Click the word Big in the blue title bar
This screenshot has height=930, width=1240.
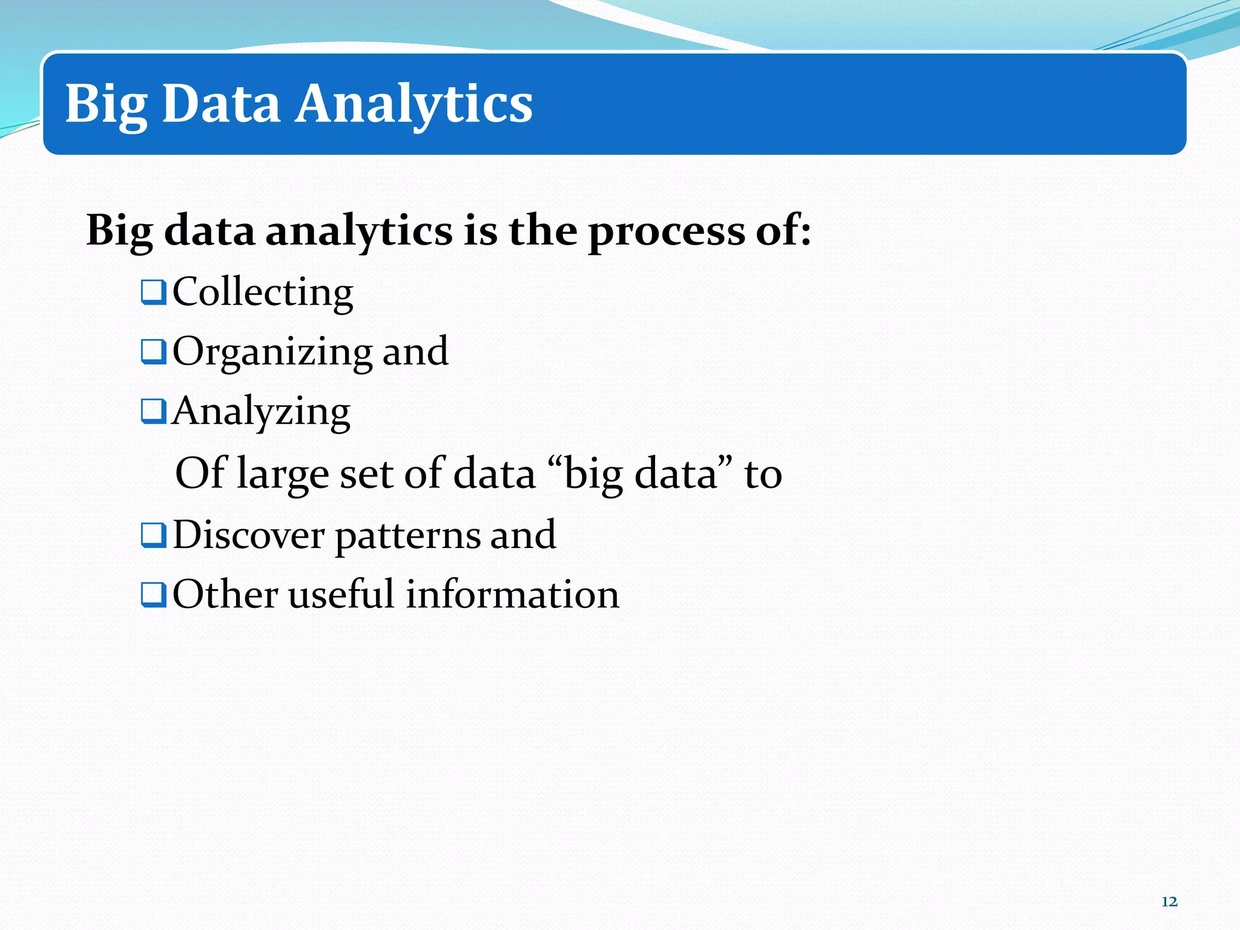pyautogui.click(x=106, y=104)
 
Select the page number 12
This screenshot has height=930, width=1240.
pyautogui.click(x=1169, y=902)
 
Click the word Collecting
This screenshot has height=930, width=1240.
pyautogui.click(x=263, y=292)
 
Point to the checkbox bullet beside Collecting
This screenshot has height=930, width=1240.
pyautogui.click(x=153, y=292)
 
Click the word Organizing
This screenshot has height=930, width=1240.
pyautogui.click(x=272, y=352)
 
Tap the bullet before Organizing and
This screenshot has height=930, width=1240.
pyautogui.click(x=153, y=352)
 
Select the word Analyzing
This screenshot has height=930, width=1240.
pyautogui.click(x=261, y=412)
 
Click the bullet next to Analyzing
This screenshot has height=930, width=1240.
pyautogui.click(x=153, y=412)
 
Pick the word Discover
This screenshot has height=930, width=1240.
pyautogui.click(x=249, y=535)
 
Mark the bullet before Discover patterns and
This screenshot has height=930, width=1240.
pyautogui.click(x=153, y=535)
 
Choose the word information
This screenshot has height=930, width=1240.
pyautogui.click(x=512, y=595)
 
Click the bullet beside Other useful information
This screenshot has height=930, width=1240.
pyautogui.click(x=153, y=595)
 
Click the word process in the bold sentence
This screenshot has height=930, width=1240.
pyautogui.click(x=666, y=232)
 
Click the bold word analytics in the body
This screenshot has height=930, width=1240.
pyautogui.click(x=359, y=232)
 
